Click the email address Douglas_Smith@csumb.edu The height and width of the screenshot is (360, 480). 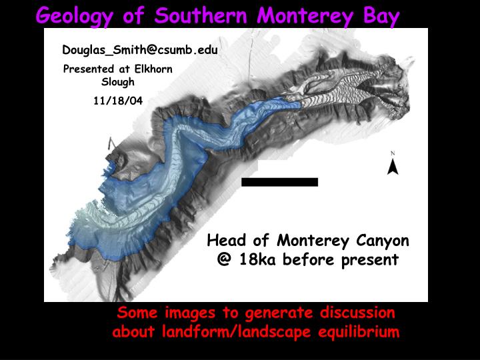coord(140,49)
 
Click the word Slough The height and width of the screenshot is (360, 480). coord(118,82)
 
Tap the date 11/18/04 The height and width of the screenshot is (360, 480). coord(118,101)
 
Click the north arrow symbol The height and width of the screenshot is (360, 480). coord(393,164)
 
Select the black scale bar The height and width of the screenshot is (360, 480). coord(279,181)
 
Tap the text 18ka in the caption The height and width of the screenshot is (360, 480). coord(254,259)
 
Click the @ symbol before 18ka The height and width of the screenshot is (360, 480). coord(223,259)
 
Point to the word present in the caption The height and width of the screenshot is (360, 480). coord(368,259)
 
